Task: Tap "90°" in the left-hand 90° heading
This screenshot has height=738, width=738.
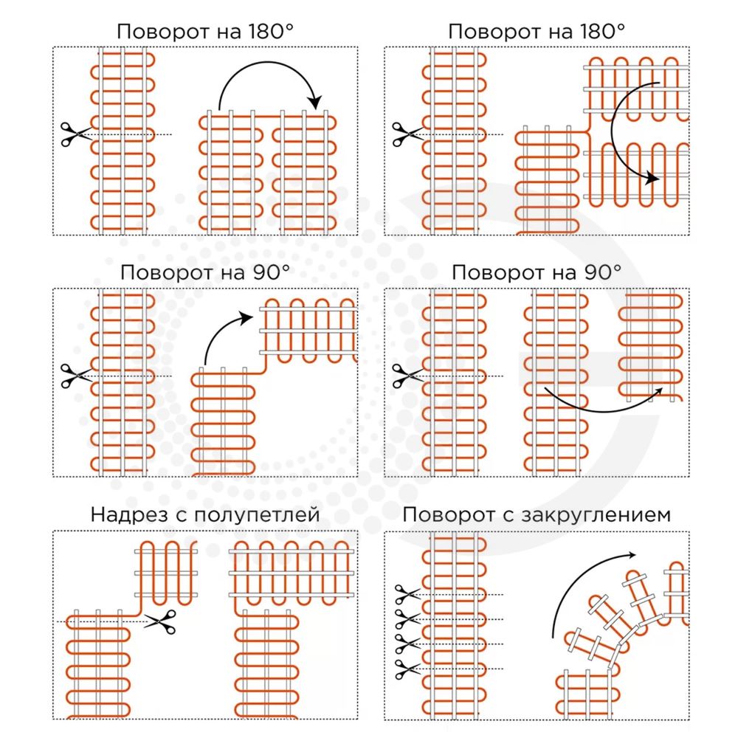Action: tap(267, 272)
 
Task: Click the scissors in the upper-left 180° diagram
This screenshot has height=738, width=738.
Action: tap(75, 134)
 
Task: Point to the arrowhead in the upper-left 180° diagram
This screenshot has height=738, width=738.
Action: tap(317, 101)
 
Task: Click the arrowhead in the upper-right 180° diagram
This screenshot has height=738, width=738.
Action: tap(650, 178)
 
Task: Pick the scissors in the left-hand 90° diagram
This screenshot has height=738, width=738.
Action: tap(75, 375)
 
